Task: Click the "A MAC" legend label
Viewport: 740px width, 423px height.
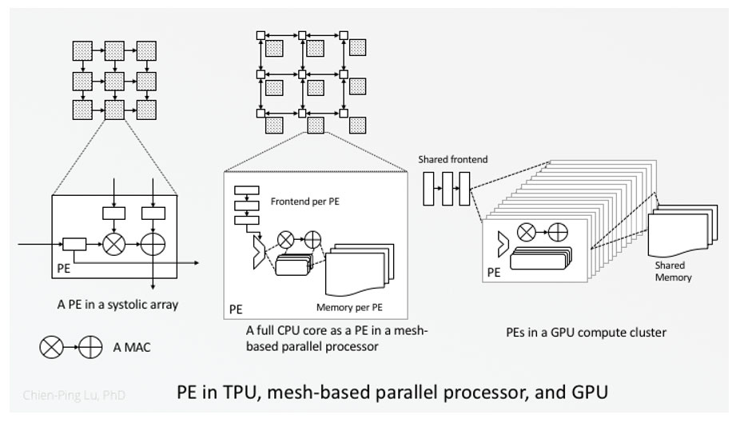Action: [132, 348]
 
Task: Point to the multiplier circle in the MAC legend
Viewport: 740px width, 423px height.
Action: [51, 348]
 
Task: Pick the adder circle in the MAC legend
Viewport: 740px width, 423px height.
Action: [91, 348]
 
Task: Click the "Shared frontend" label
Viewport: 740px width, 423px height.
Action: [452, 160]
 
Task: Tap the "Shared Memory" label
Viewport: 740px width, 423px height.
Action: [673, 272]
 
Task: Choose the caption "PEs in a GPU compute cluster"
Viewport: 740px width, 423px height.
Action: [586, 332]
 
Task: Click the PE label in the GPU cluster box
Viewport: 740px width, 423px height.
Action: [495, 273]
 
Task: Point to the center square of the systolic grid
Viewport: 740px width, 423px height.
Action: [114, 80]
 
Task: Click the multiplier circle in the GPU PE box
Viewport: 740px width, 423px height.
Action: [526, 233]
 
